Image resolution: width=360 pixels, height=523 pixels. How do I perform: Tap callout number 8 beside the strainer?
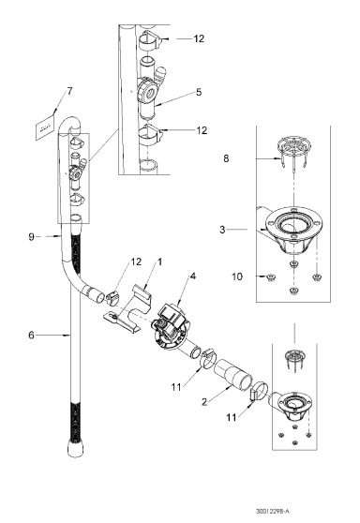225,160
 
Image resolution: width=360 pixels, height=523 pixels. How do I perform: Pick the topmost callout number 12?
199,40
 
